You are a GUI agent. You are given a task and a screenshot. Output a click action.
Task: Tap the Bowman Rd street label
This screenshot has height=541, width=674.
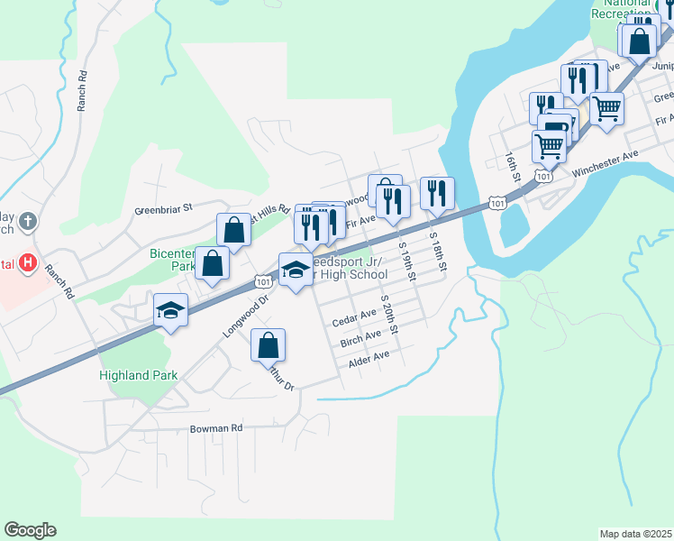point(216,428)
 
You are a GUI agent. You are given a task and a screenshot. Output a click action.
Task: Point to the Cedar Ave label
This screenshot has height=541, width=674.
point(354,317)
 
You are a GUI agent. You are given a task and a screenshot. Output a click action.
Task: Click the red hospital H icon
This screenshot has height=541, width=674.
point(29,263)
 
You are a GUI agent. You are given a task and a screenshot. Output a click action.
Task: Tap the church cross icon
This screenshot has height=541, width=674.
point(28,221)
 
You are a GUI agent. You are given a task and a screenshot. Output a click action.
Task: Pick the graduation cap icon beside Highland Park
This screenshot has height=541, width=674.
point(169,311)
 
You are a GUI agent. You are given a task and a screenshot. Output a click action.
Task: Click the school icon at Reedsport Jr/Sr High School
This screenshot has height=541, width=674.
point(295,270)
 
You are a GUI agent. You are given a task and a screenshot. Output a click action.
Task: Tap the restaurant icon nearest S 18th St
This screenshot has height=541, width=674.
point(436,192)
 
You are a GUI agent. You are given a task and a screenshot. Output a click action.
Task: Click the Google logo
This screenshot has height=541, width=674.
point(30,530)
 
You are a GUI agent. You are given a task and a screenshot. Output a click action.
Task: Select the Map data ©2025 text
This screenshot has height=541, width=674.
point(635,534)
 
